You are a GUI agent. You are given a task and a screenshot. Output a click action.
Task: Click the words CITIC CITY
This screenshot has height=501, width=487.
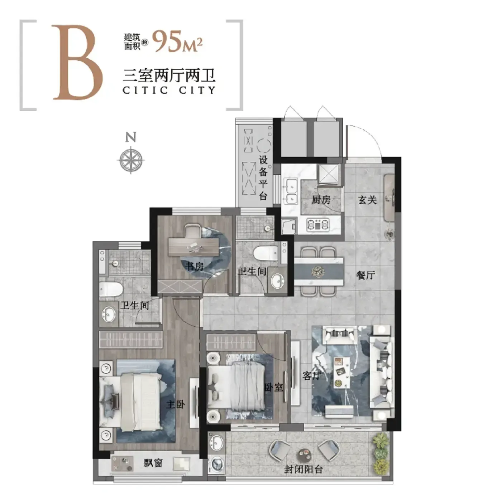pos(169,90)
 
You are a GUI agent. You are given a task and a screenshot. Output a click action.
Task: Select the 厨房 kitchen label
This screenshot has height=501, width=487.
pos(321,200)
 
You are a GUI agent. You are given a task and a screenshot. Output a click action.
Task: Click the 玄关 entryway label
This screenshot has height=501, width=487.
pos(367,200)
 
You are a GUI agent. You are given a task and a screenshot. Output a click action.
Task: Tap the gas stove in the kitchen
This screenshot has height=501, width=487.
pos(317,224)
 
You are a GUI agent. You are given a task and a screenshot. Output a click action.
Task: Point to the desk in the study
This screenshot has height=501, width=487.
pos(193,247)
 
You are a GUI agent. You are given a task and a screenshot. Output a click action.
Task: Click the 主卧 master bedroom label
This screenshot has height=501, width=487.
pos(176,404)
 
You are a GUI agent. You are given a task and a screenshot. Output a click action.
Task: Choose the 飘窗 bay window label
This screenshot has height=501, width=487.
pos(153,463)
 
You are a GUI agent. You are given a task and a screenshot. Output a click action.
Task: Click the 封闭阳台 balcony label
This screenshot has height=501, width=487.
pos(303,470)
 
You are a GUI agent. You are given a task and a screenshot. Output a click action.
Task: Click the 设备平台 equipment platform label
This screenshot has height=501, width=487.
pos(263,177)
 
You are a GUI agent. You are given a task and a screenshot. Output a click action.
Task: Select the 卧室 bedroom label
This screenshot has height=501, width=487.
pos(274,387)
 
